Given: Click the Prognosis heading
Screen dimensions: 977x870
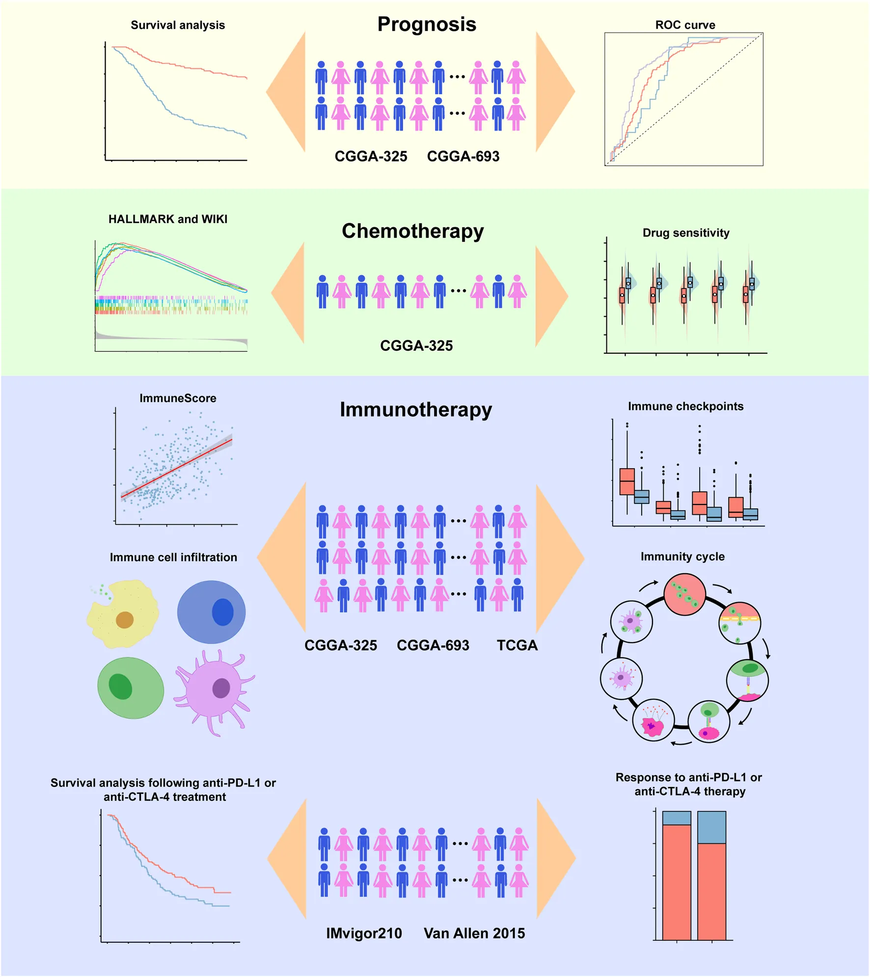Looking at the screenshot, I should point(427,24).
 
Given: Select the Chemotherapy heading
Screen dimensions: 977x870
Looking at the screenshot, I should point(412,231).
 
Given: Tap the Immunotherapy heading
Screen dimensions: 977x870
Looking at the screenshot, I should point(415,409).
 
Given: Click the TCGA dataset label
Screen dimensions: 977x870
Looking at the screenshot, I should point(517,645).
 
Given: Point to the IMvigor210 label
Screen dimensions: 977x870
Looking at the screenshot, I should point(364,933).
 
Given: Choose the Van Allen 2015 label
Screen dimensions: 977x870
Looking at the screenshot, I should point(474,933).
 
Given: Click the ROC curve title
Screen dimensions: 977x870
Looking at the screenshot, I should point(685,25).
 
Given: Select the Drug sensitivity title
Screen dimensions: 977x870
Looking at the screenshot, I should point(686,232).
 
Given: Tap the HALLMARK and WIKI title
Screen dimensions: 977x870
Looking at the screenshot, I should point(168,219).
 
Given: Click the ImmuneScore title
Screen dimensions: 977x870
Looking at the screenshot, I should point(178,398).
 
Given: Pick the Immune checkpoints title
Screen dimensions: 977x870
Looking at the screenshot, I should point(685,406).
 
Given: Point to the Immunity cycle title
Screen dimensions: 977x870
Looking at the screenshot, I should point(682,557).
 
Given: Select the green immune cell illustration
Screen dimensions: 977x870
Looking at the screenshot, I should point(131,688).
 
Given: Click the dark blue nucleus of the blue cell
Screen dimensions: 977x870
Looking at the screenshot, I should point(222,612).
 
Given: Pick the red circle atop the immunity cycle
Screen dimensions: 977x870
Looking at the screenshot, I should point(684,594).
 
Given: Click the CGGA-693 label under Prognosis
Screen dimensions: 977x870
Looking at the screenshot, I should point(463,156).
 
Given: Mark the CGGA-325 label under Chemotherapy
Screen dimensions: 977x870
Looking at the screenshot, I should point(416,345).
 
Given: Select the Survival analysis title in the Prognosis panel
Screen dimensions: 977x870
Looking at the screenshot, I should point(178,25).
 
